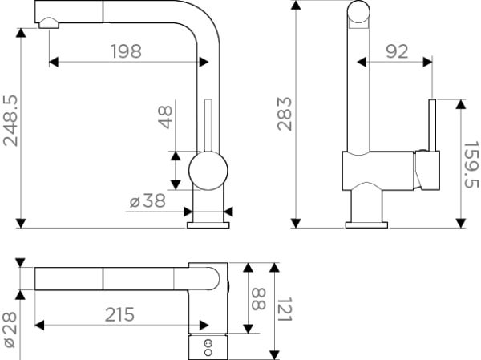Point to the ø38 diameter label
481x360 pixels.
pos(148,202)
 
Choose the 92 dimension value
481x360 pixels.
pos(395,51)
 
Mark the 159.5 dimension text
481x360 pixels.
pos(471,165)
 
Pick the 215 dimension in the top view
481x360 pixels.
pos(120,314)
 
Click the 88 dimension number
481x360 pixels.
pos(258,300)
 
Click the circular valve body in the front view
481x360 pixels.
pos(208,172)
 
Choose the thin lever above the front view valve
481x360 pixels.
pos(208,126)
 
